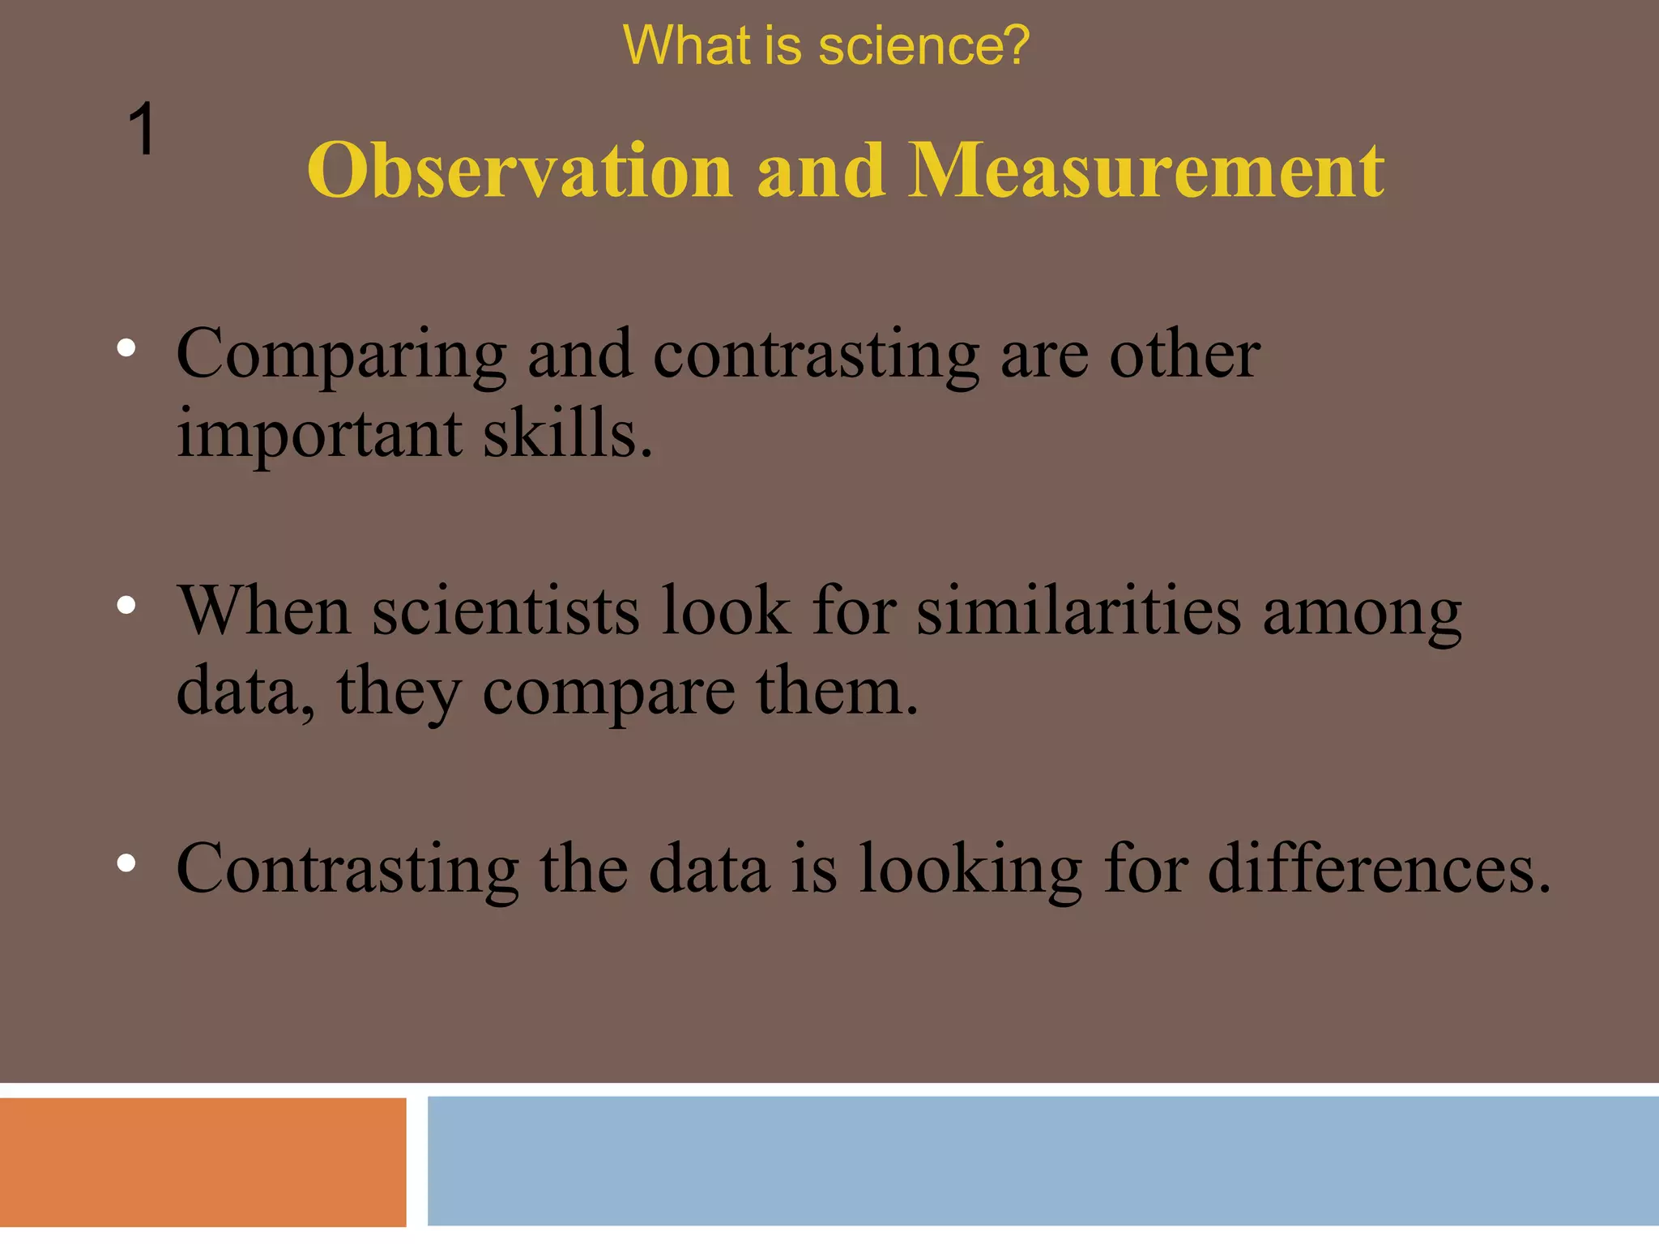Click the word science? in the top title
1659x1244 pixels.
(x=923, y=45)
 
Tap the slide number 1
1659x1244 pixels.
(x=142, y=130)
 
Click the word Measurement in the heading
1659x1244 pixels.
(x=1146, y=171)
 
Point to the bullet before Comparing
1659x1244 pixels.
(x=126, y=348)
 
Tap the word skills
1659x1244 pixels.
(x=568, y=434)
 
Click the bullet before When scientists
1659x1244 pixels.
(x=126, y=605)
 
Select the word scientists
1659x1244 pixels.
(x=505, y=611)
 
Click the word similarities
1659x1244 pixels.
(x=1078, y=611)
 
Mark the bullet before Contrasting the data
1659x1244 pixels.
(x=126, y=863)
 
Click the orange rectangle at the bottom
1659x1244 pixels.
(x=203, y=1162)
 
